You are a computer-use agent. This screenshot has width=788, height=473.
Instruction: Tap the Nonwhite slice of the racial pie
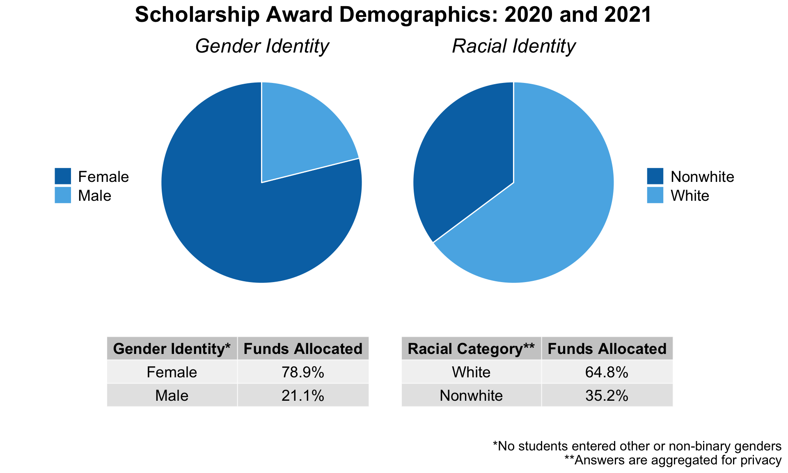pos(468,156)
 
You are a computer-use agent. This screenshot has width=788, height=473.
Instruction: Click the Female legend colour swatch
pos(63,176)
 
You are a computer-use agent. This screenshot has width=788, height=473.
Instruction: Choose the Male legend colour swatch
pos(63,195)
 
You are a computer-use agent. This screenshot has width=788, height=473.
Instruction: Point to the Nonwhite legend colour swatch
pos(655,176)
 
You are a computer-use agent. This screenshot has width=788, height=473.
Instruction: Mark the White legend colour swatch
pos(655,195)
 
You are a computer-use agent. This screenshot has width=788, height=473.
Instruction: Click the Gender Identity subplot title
pos(262,46)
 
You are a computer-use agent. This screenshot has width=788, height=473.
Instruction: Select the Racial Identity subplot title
pos(513,46)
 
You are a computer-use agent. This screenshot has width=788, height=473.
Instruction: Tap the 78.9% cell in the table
pos(303,372)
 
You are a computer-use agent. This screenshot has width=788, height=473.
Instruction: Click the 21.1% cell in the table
pos(303,395)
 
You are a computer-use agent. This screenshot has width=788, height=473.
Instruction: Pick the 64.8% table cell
pos(607,372)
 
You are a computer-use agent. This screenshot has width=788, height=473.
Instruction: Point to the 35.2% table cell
pos(607,395)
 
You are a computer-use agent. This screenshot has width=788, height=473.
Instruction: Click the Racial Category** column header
pos(471,349)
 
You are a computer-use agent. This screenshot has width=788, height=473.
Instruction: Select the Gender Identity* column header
pos(172,349)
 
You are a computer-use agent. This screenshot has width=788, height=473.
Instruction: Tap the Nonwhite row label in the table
pos(471,395)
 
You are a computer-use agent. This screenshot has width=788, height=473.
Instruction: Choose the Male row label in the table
pos(172,395)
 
